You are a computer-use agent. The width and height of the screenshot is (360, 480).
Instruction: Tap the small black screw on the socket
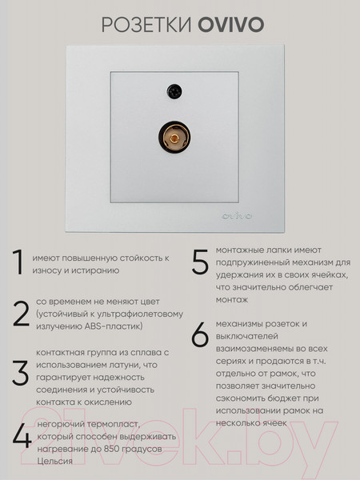[172, 91]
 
